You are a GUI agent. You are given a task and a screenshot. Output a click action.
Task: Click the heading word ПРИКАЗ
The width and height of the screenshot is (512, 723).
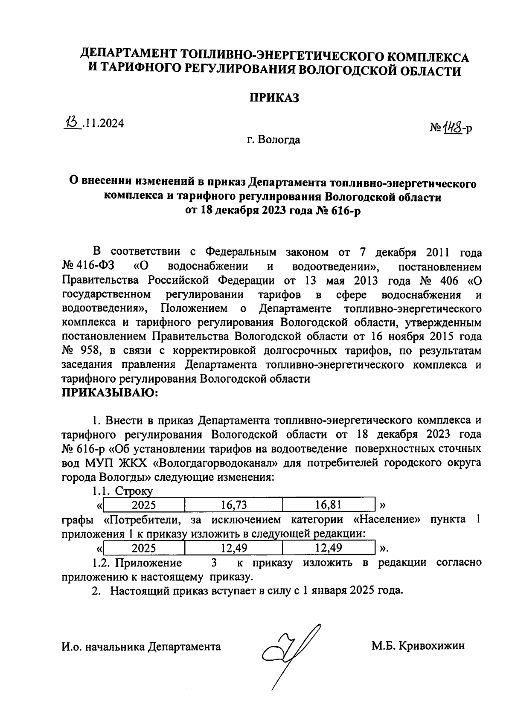274,98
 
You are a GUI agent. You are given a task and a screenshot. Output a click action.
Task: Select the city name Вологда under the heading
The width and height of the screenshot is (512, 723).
280,140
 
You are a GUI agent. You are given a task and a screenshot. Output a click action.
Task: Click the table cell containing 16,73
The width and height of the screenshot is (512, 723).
234,505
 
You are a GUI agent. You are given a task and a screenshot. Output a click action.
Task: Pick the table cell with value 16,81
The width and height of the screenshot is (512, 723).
329,505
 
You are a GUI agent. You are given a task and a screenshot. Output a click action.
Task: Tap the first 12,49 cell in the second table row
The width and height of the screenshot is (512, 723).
234,548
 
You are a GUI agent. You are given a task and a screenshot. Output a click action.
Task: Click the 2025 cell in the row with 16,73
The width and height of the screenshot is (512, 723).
144,505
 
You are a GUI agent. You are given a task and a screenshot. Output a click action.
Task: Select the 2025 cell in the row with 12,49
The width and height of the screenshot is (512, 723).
144,548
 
